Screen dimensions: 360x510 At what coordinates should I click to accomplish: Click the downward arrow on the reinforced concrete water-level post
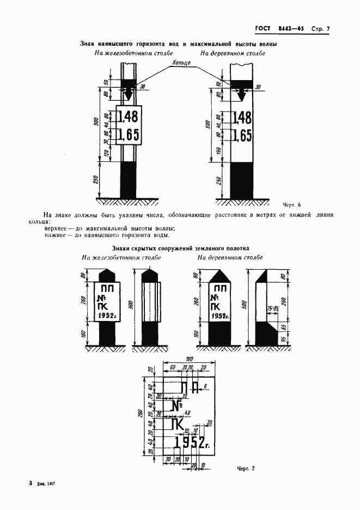129,95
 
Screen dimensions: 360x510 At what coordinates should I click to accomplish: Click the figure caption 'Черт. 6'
292,204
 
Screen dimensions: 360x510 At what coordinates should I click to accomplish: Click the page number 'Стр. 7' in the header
321,28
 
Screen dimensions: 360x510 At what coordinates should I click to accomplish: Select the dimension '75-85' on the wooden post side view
271,308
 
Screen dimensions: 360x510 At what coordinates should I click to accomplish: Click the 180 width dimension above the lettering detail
189,359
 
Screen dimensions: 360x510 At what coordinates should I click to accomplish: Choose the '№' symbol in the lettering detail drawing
176,406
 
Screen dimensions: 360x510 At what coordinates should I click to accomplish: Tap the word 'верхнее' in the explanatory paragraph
56,229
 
